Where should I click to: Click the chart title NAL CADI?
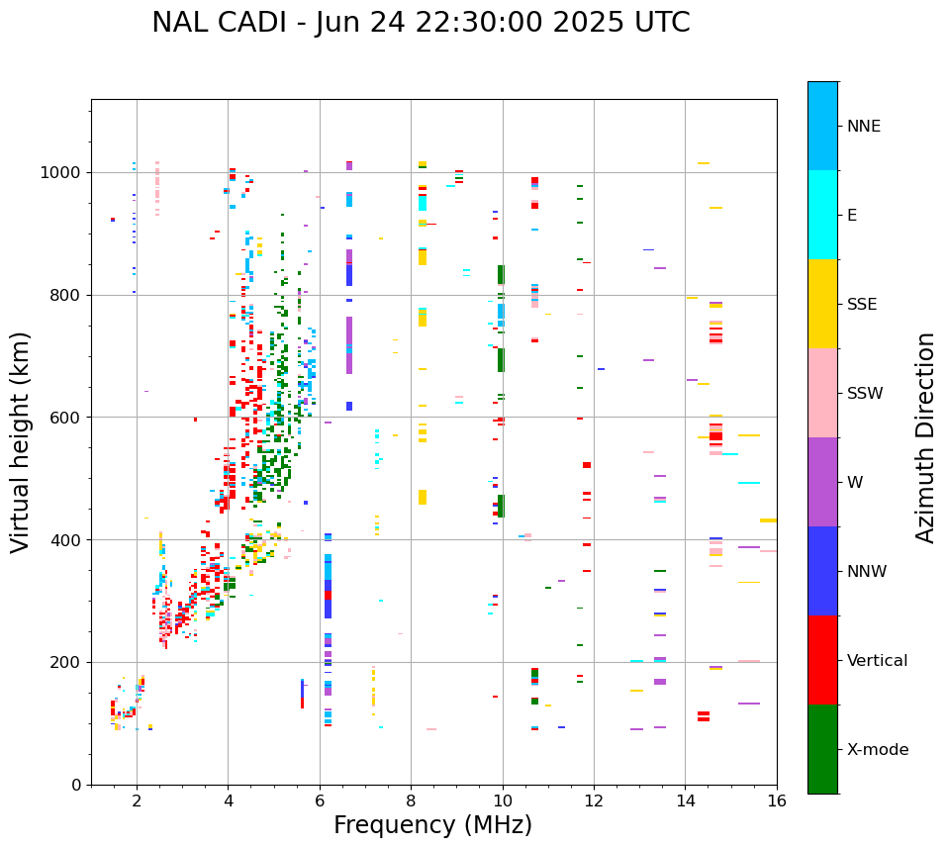pos(421,23)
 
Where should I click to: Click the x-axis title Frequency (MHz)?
pos(432,825)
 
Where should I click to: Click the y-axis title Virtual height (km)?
pos(21,442)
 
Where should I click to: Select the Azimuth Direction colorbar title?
pos(925,437)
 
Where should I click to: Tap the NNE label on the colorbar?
pos(864,127)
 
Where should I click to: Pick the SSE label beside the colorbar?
pos(862,305)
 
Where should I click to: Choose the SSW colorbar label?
pos(865,394)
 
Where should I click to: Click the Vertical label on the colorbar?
pos(877,661)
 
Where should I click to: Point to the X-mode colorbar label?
pos(878,750)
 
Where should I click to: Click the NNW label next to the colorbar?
pos(867,572)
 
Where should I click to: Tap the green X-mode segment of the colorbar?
pos(822,749)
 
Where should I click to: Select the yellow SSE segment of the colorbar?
pos(822,304)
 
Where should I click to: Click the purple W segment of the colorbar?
pos(822,482)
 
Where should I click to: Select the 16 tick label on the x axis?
pos(777,801)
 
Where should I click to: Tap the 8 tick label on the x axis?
pos(411,801)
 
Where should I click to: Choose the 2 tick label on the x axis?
pos(137,801)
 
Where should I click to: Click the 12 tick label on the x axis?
pos(594,801)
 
